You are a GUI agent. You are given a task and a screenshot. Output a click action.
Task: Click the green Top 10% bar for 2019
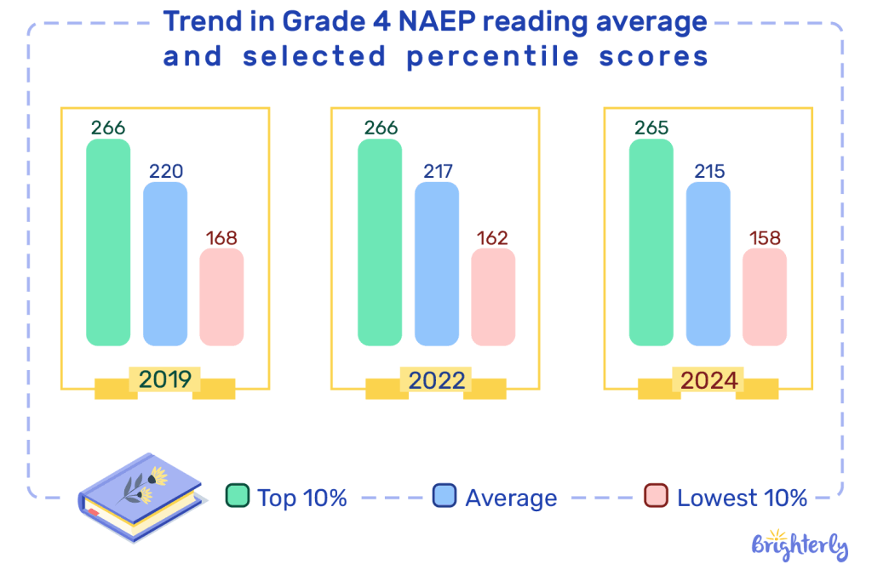[x=108, y=242]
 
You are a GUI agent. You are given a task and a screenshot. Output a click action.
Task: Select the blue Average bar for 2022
[x=437, y=264]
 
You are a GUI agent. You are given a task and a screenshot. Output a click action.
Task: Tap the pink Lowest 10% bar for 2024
[x=765, y=297]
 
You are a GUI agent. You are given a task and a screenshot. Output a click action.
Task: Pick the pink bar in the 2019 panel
[x=221, y=297]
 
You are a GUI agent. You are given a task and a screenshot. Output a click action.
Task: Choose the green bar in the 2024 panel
[x=651, y=242]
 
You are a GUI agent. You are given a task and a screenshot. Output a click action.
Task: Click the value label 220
[x=165, y=171]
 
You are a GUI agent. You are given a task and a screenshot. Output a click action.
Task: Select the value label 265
[x=651, y=128]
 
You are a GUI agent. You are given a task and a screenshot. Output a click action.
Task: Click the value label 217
[x=437, y=171]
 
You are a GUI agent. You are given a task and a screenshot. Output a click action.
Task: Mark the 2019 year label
[x=164, y=380]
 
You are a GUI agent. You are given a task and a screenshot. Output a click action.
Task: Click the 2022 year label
[x=436, y=380]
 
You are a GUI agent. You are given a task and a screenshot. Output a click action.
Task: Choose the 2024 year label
[x=708, y=380]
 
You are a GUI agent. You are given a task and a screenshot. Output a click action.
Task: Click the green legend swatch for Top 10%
[x=237, y=496]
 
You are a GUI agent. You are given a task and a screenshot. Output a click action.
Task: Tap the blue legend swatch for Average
[x=444, y=496]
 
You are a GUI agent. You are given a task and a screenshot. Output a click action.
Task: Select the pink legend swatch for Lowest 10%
[x=656, y=496]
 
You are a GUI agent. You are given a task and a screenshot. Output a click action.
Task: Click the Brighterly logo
[x=800, y=544]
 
